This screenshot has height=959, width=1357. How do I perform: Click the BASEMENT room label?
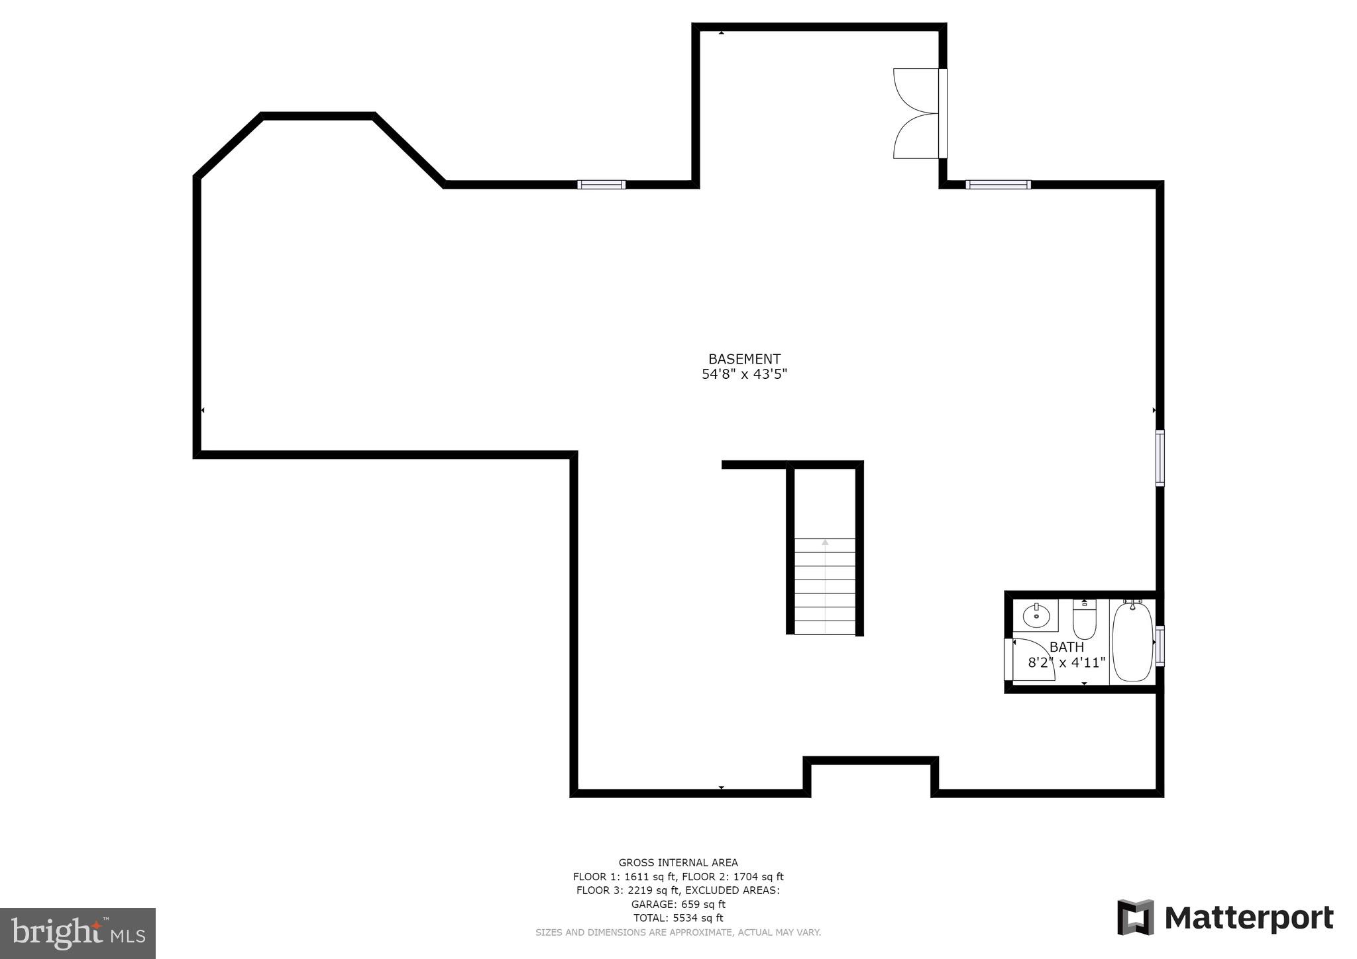coord(744,359)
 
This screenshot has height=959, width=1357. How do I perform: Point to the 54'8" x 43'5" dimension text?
coord(744,374)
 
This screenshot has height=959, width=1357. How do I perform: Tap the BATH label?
coord(1067,647)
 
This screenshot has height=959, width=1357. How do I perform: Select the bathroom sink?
coord(1036,617)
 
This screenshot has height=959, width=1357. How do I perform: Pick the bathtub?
coord(1132,641)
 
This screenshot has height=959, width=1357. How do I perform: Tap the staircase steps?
coord(825,586)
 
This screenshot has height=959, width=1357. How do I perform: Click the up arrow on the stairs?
coord(825,542)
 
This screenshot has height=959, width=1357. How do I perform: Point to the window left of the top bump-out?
coord(601,185)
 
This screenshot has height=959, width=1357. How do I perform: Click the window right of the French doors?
coord(998,185)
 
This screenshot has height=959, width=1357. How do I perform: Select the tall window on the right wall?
coord(1160,458)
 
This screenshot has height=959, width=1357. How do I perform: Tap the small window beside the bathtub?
coord(1160,645)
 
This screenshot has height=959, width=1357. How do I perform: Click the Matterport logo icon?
coord(1136,917)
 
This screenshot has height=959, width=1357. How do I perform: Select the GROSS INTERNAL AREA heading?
coord(678,862)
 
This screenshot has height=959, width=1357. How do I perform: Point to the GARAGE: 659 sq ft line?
coord(678,904)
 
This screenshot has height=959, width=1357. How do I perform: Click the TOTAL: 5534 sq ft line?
coord(678,918)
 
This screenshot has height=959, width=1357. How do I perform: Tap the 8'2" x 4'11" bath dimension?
coord(1067,662)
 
